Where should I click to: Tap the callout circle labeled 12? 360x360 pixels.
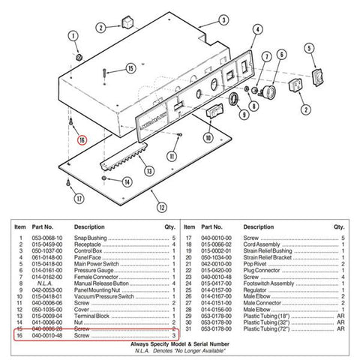[161, 206]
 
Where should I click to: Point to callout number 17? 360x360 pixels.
[78, 198]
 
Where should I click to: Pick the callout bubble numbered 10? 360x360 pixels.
[208, 137]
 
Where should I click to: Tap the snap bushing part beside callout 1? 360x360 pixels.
[78, 57]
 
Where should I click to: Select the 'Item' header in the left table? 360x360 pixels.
[19, 226]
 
